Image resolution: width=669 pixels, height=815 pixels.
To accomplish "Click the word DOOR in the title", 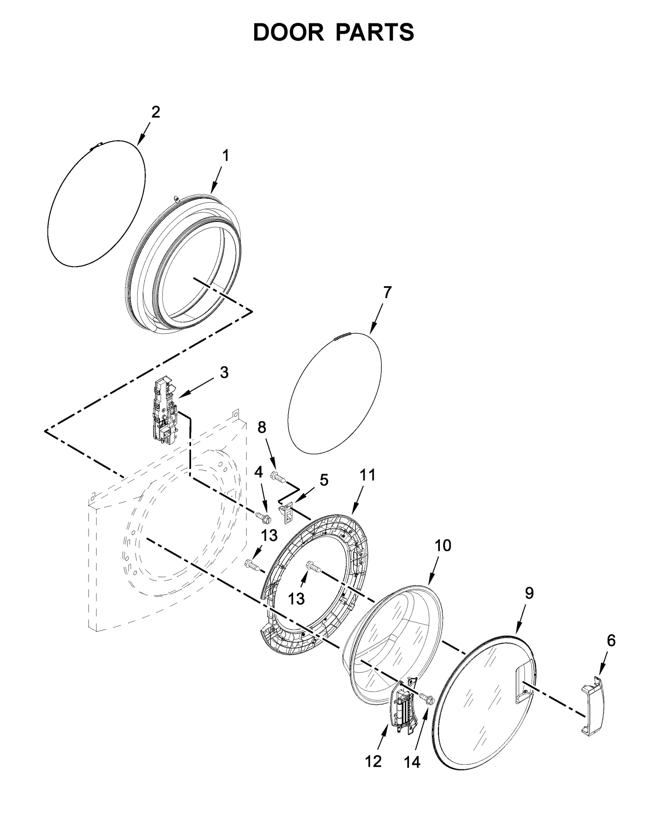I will (288, 32).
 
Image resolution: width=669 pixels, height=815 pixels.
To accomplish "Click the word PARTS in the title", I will (375, 32).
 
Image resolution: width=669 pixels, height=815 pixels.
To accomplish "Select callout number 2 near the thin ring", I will (155, 112).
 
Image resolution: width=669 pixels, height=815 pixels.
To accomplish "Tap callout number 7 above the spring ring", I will (387, 292).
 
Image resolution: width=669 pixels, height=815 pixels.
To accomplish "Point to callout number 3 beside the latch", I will (224, 372).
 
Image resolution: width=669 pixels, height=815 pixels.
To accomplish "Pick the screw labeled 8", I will (277, 477).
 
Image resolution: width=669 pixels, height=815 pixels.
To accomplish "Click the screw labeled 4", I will (263, 518).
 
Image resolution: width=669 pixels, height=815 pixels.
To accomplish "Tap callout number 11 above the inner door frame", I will (368, 475).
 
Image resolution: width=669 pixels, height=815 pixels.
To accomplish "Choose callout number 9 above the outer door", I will (529, 593).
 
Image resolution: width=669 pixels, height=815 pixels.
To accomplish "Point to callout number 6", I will (611, 641).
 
